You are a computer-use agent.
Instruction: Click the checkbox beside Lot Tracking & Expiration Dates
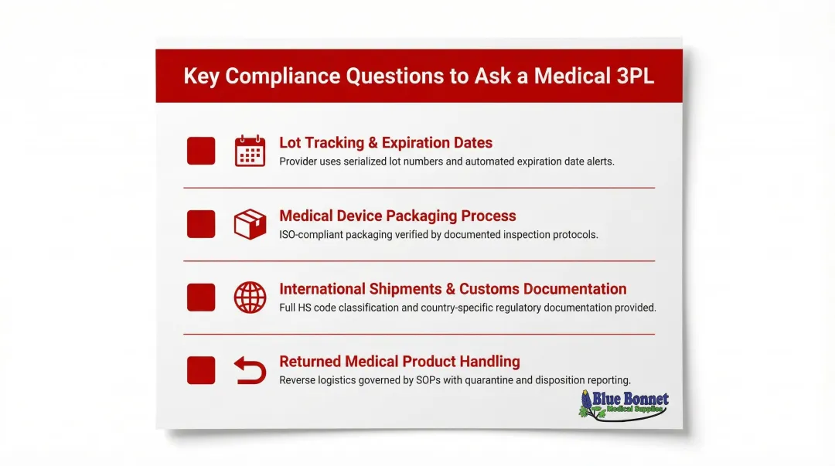click(201, 151)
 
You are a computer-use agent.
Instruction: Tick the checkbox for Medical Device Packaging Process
click(201, 224)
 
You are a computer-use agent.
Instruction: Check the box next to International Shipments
click(201, 298)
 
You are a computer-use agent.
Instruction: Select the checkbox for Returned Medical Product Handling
click(201, 370)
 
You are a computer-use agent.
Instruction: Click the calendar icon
click(250, 151)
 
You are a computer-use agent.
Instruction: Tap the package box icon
click(250, 224)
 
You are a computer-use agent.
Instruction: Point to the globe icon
click(250, 298)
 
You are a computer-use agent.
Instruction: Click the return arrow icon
click(250, 371)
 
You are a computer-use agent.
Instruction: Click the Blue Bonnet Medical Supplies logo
click(623, 405)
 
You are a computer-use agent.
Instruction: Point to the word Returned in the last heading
click(309, 362)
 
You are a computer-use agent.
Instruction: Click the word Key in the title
click(201, 77)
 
